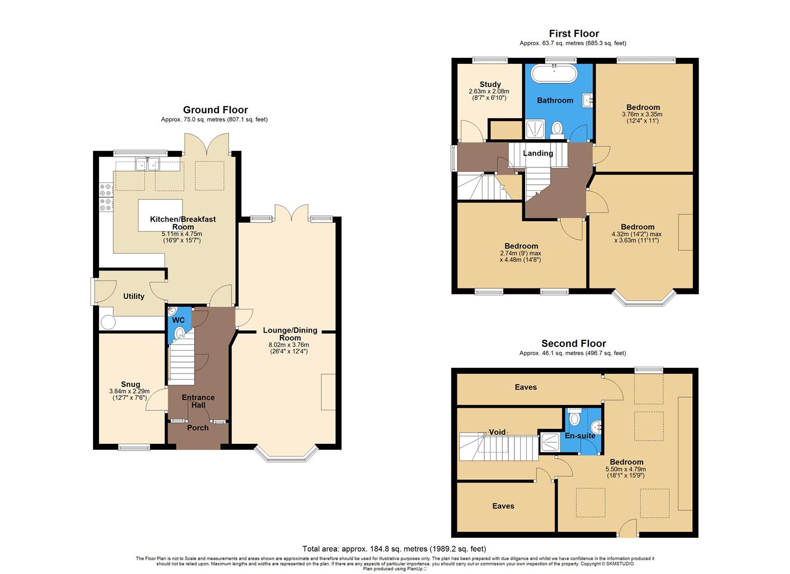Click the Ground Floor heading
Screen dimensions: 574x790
pos(215,110)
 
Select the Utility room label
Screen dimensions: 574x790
pos(134,296)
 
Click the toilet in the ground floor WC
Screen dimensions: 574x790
pos(180,333)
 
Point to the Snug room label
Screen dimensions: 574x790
pos(130,384)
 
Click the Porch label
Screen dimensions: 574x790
pos(198,428)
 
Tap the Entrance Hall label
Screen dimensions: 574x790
pos(198,401)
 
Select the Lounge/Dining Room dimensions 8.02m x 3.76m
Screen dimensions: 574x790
pos(290,344)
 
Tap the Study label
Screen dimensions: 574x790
pos(489,84)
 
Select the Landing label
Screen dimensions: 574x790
pos(538,153)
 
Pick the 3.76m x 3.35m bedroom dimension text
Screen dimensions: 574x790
pos(643,114)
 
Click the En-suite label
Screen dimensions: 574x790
pos(580,436)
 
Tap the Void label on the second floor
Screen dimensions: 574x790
pos(497,432)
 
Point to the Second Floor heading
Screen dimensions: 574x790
pos(573,343)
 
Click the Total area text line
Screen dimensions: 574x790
pos(394,548)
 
